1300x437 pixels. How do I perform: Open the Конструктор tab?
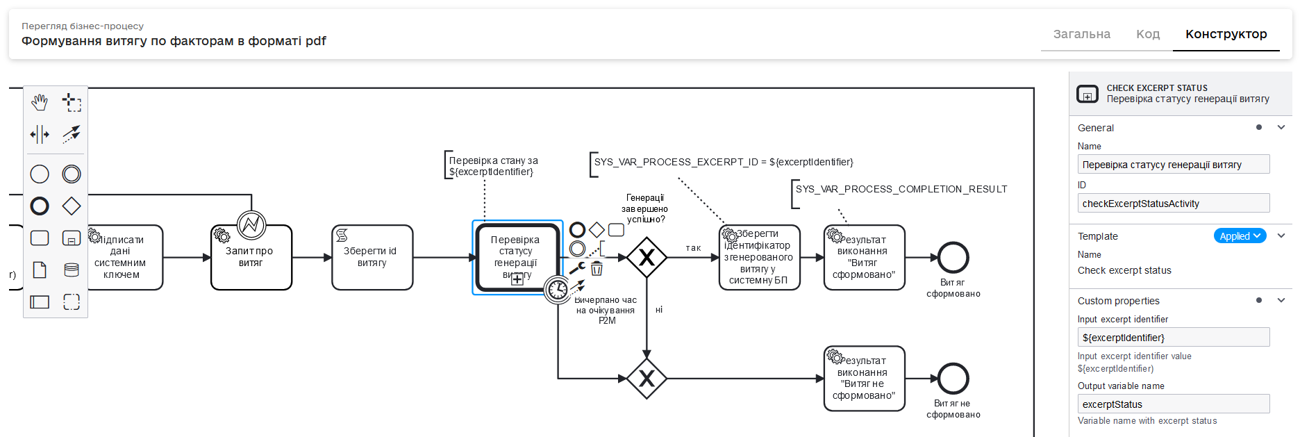tap(1226, 34)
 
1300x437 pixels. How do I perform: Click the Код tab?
tap(1147, 34)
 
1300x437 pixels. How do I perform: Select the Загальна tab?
tap(1081, 34)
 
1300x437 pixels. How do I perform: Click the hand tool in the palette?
tap(40, 103)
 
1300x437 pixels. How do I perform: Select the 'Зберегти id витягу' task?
tap(372, 257)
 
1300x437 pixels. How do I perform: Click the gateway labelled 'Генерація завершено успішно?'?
tap(647, 258)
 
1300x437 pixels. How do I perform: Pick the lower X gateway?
tap(647, 379)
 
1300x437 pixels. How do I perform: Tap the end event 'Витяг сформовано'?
tap(953, 258)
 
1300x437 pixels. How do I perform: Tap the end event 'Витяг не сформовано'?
tap(953, 379)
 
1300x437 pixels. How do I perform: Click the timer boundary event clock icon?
tap(557, 290)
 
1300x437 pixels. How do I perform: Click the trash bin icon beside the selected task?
tap(597, 269)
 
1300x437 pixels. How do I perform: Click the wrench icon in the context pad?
tap(577, 268)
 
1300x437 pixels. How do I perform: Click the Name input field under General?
tap(1173, 165)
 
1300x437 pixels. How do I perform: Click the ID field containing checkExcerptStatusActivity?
tap(1173, 204)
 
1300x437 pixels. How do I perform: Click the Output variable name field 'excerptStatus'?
tap(1173, 404)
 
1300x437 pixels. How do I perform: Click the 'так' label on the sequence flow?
tap(693, 248)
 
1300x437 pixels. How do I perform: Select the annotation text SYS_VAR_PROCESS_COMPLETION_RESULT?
tap(901, 189)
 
